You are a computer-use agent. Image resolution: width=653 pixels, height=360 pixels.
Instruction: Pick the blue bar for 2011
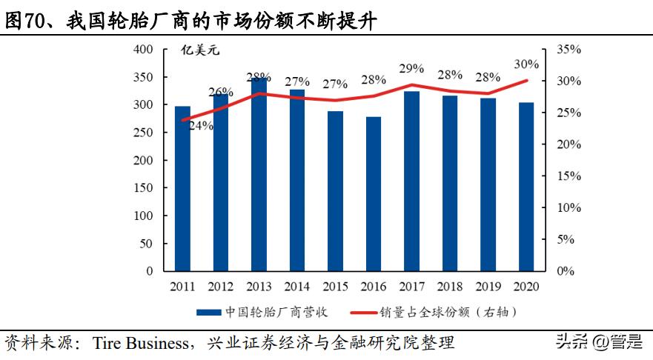tap(182, 188)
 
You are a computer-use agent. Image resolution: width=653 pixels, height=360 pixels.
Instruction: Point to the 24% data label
tap(201, 126)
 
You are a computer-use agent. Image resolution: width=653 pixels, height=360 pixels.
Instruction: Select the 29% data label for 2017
tap(411, 69)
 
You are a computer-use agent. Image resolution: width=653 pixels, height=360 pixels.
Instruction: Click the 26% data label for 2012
tap(221, 93)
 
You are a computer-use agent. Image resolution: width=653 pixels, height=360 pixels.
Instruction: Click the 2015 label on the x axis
tap(335, 286)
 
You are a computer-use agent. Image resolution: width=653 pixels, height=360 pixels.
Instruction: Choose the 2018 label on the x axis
tap(450, 286)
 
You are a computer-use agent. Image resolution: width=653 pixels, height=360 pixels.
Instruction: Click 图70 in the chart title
tap(24, 21)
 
